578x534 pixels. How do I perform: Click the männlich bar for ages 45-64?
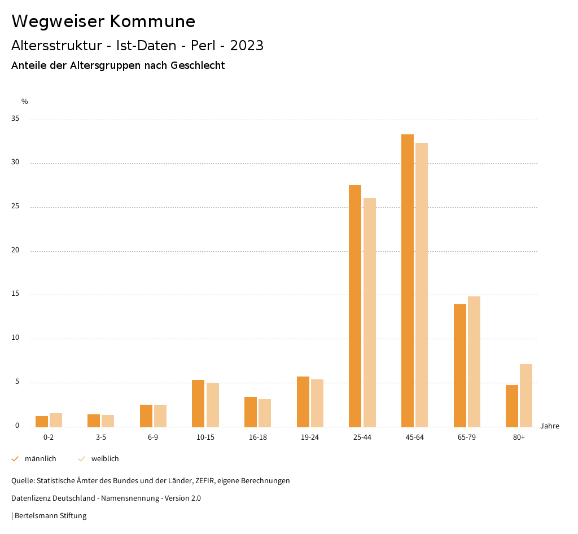click(x=408, y=281)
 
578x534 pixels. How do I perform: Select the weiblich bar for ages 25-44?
click(x=370, y=312)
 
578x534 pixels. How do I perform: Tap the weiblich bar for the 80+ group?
click(x=526, y=395)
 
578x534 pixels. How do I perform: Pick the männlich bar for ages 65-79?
click(x=460, y=365)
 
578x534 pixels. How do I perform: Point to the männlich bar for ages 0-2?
click(x=42, y=421)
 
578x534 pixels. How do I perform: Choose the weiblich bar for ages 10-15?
click(x=212, y=405)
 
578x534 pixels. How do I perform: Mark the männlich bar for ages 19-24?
click(x=303, y=401)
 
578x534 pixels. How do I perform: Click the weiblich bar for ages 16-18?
click(x=265, y=413)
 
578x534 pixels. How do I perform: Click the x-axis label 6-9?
click(x=153, y=437)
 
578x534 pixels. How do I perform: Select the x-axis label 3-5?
click(x=100, y=437)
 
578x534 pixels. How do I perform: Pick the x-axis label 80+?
click(x=519, y=437)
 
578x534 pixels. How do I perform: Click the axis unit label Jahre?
click(x=550, y=426)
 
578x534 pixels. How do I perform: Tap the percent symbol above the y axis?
click(x=24, y=102)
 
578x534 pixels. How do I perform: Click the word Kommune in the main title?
click(x=152, y=21)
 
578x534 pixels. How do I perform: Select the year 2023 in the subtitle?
click(x=247, y=46)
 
